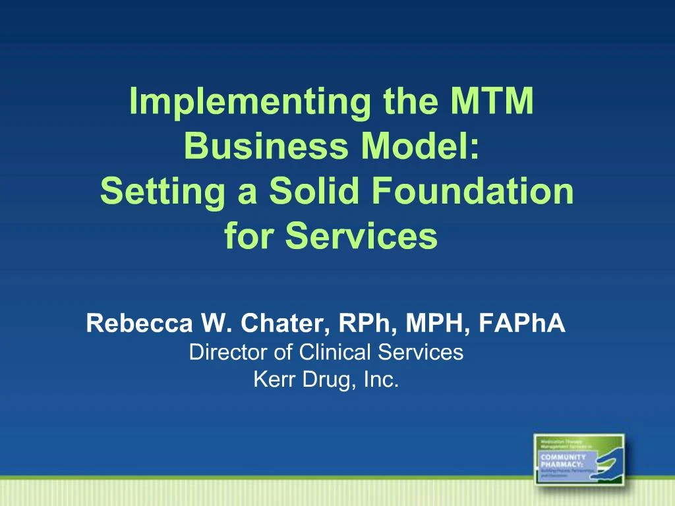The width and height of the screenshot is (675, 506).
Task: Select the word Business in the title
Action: tap(265, 146)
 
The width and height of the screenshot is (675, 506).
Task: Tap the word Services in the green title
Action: tap(361, 236)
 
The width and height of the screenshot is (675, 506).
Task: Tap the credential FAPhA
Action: tap(523, 323)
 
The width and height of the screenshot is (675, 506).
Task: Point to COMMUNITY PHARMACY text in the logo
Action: tap(563, 461)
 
